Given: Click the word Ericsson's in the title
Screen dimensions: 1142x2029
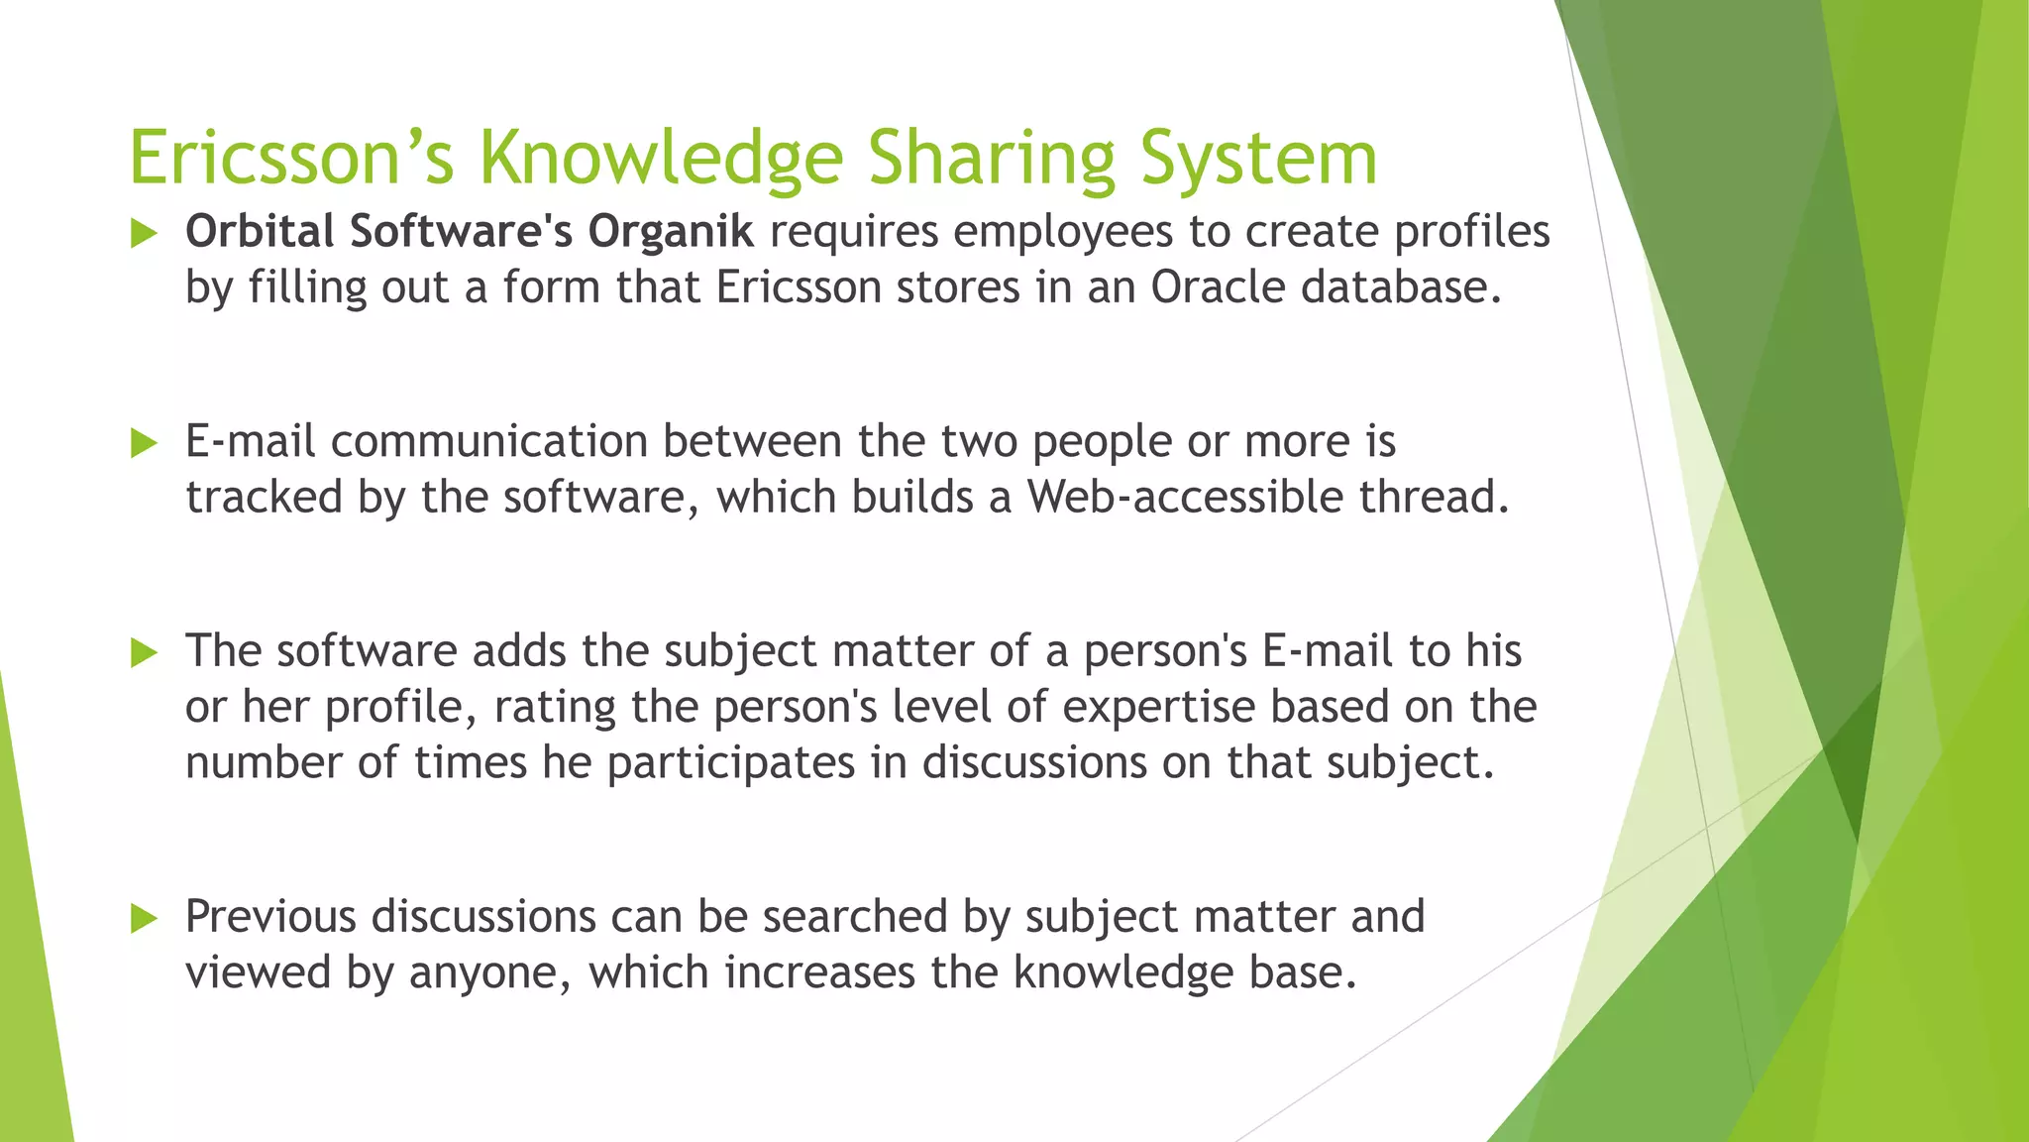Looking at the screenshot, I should pos(291,159).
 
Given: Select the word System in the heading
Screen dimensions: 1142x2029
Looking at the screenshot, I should pos(1258,159).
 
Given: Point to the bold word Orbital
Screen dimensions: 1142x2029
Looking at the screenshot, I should pos(260,232).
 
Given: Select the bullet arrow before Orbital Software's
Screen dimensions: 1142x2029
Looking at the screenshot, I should pos(145,234).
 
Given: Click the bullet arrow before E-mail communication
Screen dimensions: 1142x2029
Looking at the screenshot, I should pos(145,443).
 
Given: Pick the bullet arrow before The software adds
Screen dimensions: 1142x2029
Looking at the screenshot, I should pos(145,652).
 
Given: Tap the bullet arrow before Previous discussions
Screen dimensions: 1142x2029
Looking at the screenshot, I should pos(145,918).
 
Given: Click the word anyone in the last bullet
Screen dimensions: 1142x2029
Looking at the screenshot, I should pos(489,973).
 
